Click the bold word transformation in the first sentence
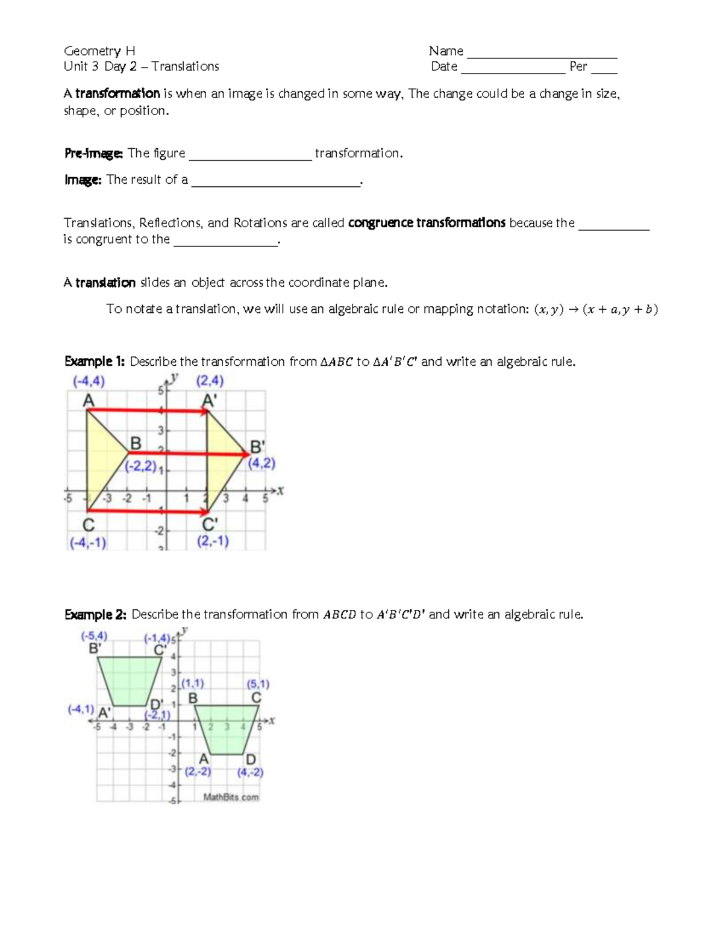click(x=117, y=93)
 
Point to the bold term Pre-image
click(x=93, y=154)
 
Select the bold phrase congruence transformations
click(x=427, y=223)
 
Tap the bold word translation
click(x=105, y=283)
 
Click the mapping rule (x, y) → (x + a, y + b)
click(x=595, y=309)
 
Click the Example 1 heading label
click(x=95, y=362)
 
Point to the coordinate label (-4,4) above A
click(x=89, y=382)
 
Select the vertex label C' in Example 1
click(x=210, y=524)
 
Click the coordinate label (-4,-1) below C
click(x=88, y=542)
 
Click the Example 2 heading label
click(x=95, y=615)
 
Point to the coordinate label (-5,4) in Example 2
click(x=94, y=636)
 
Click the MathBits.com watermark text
click(x=231, y=797)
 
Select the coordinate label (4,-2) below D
click(x=250, y=772)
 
